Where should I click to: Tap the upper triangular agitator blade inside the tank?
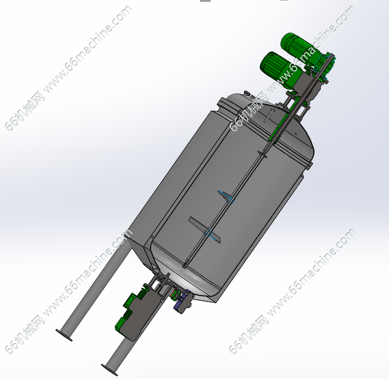226,195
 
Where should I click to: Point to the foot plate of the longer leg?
64,335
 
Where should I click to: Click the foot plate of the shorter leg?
109,370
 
